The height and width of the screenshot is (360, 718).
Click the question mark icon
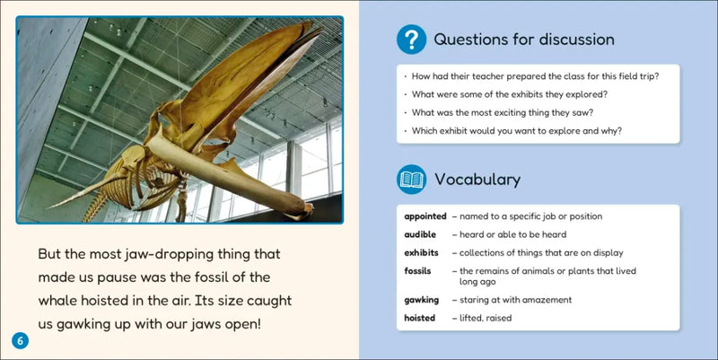(x=411, y=40)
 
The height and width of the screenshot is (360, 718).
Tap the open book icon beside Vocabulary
(x=411, y=180)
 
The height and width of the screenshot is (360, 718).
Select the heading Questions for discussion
(x=523, y=40)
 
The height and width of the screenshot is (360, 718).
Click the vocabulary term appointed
(x=425, y=216)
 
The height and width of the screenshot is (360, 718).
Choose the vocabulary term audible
(x=420, y=234)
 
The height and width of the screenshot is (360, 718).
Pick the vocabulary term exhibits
(x=421, y=252)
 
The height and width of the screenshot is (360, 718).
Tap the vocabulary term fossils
(x=418, y=270)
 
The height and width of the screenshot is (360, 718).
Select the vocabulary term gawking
(x=421, y=300)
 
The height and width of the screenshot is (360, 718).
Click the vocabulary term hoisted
(x=420, y=318)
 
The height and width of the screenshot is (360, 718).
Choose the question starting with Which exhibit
(x=518, y=131)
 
